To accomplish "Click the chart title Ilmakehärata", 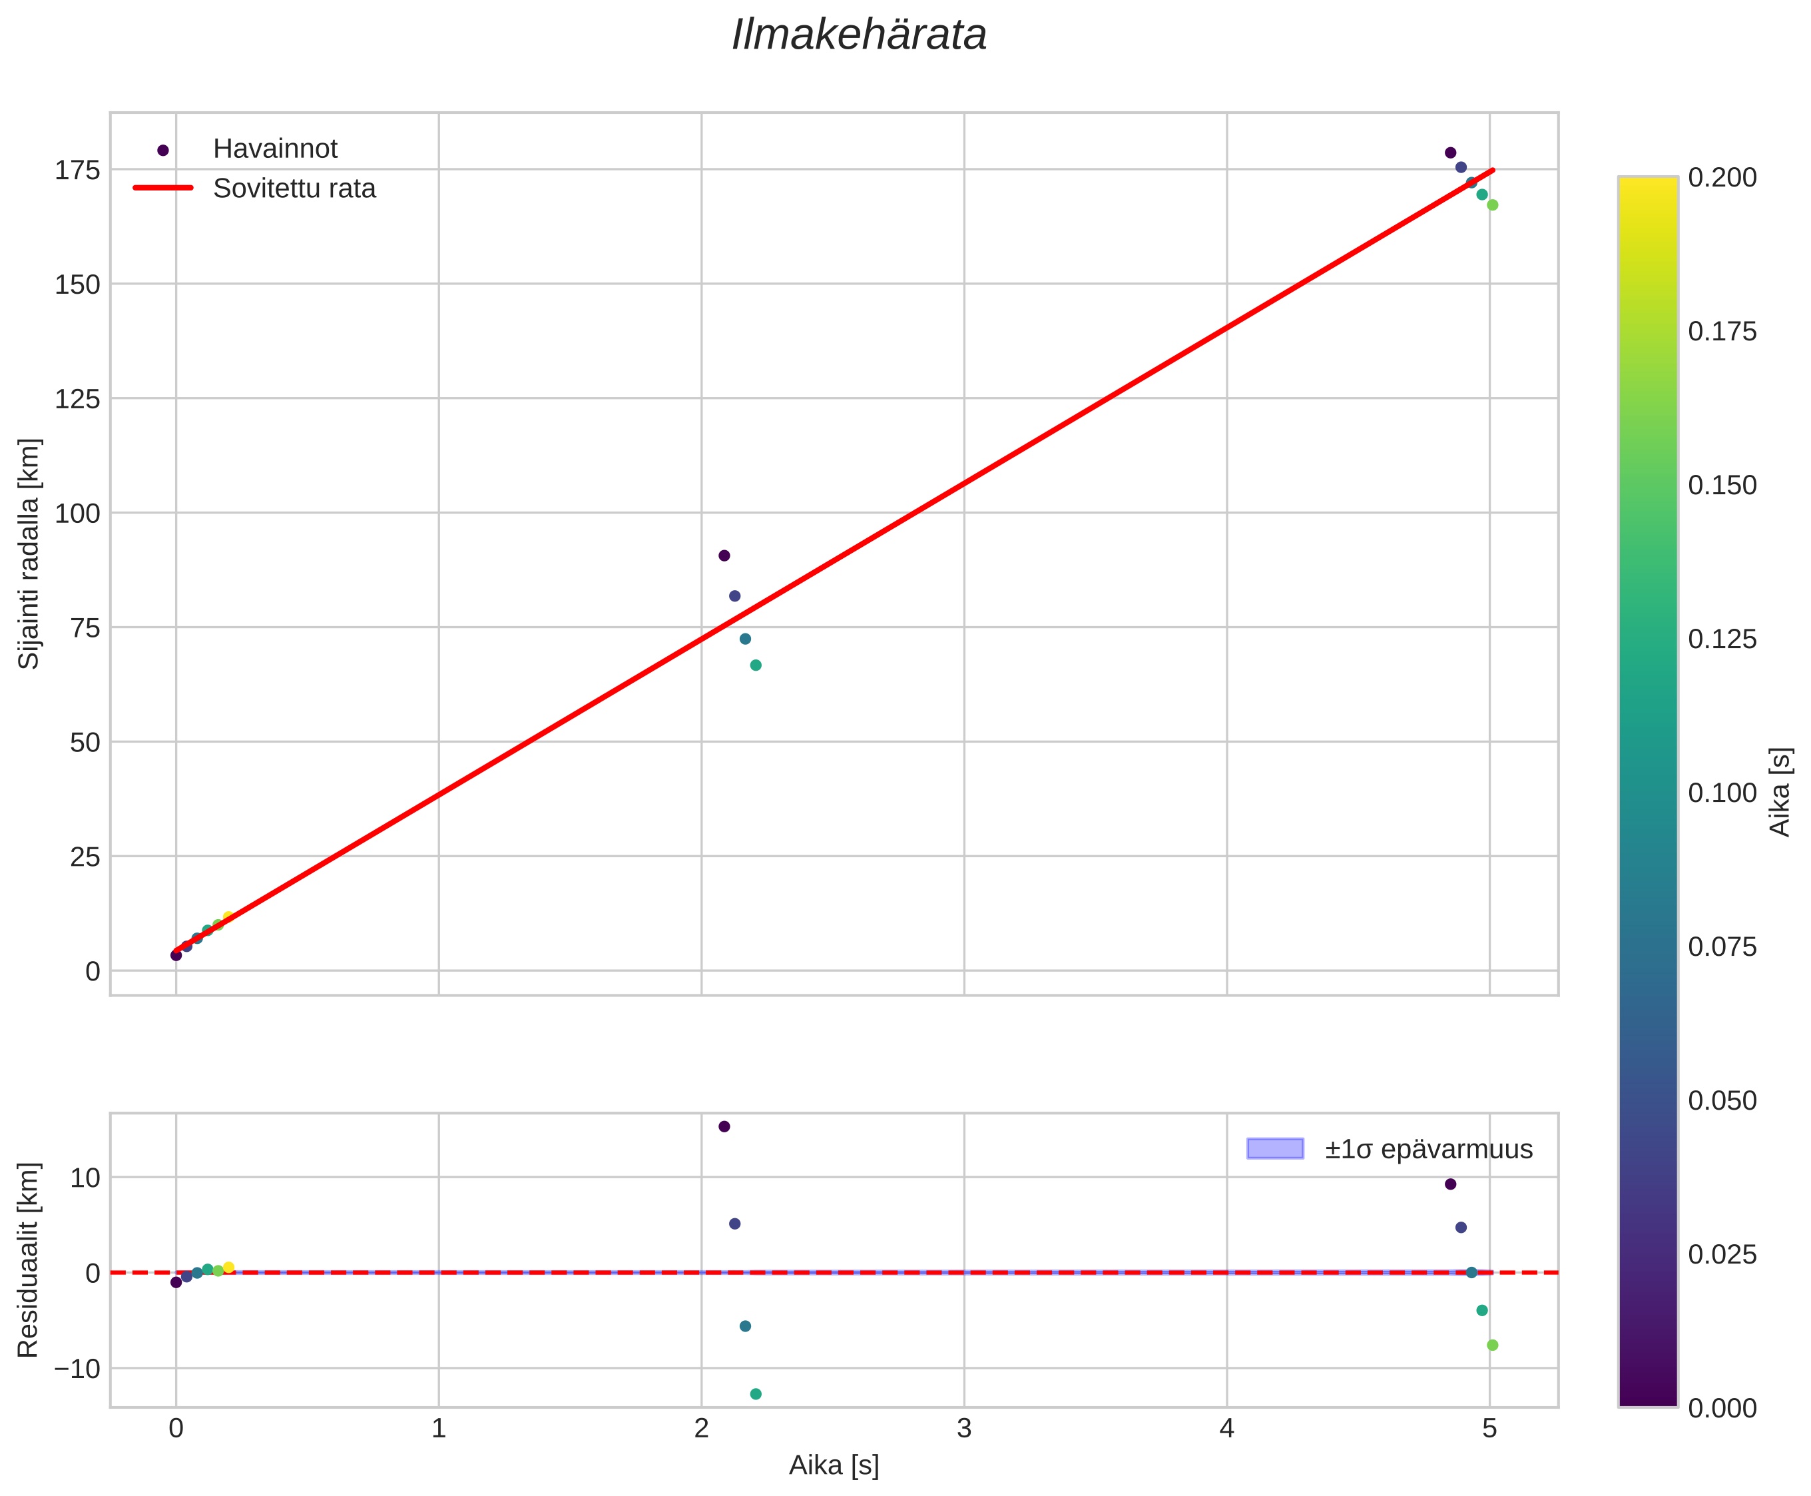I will coord(858,36).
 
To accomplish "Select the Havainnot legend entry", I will coord(275,149).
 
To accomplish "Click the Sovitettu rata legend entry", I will coord(294,188).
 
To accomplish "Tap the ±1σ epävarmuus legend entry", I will coord(1427,1150).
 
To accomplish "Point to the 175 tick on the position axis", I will coord(77,171).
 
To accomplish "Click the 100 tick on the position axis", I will coord(77,514).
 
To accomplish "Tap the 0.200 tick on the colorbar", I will coord(1721,178).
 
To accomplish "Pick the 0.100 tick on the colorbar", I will coord(1721,793).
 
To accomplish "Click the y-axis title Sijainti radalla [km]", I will coord(29,554).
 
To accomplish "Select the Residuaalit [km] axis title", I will coord(29,1260).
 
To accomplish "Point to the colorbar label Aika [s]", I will coord(1780,792).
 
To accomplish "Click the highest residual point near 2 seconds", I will coord(724,1126).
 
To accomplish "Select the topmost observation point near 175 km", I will coord(1450,153).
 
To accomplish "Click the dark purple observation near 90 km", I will coord(724,556).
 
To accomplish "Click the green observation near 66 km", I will coord(756,665).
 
